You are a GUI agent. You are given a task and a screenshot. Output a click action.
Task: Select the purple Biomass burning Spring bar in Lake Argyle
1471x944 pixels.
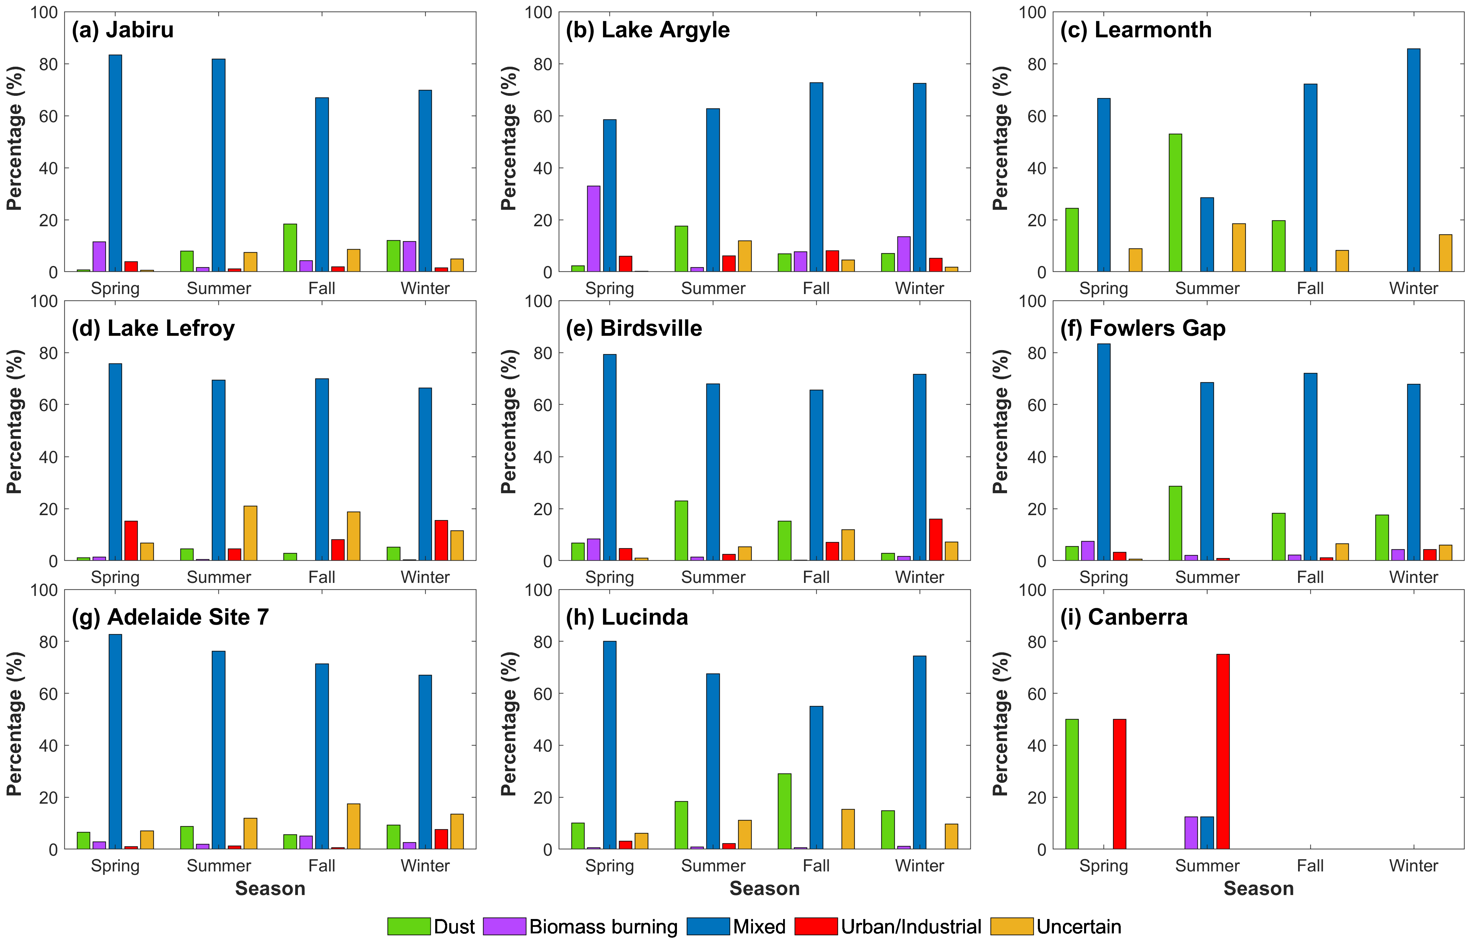click(x=593, y=229)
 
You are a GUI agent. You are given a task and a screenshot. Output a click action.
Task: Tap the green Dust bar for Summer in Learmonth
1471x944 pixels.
click(x=1175, y=203)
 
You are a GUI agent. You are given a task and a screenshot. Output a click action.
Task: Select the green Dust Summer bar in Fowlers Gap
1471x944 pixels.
click(x=1175, y=523)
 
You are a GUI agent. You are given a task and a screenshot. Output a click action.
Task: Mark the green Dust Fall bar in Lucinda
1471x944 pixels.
click(x=784, y=811)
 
